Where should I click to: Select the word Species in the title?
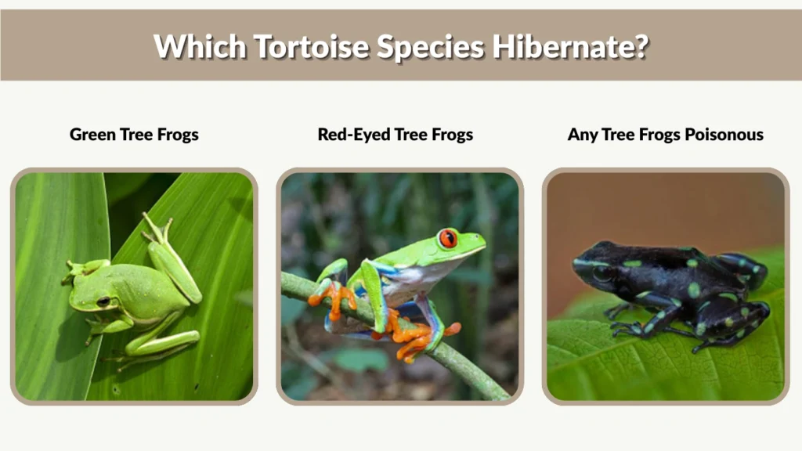(x=429, y=46)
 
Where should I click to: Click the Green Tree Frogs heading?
(x=134, y=135)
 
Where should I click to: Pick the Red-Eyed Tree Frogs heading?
(x=395, y=135)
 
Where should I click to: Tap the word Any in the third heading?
(x=583, y=135)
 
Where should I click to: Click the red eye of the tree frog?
(x=447, y=238)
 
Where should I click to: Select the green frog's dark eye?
(x=103, y=301)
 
